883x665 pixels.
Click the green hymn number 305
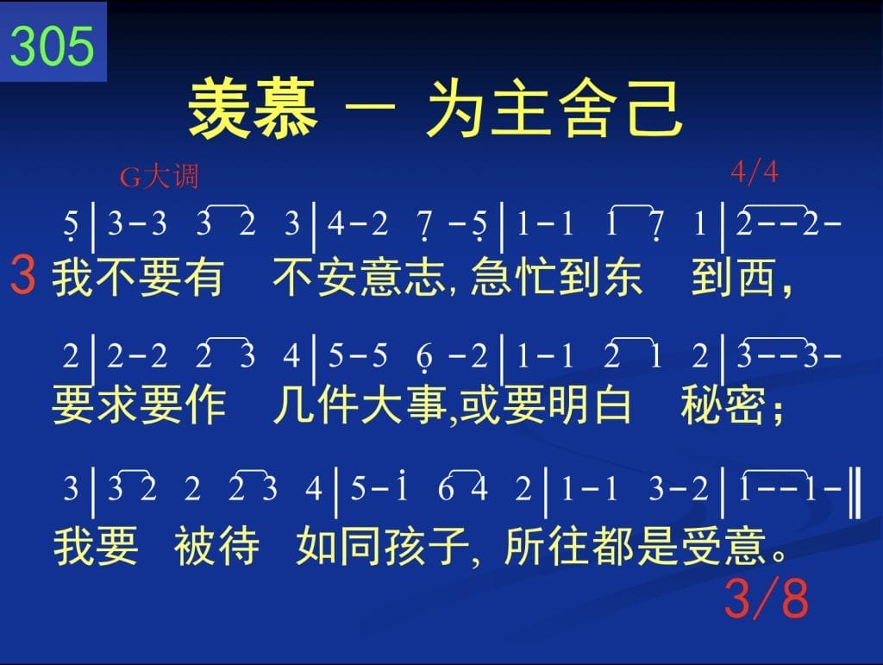point(52,47)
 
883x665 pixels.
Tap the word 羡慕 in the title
point(253,109)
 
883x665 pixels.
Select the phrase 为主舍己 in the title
point(554,109)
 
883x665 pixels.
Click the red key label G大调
point(159,176)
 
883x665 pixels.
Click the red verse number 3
point(23,275)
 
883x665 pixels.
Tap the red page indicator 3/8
point(767,598)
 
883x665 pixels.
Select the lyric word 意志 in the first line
point(404,277)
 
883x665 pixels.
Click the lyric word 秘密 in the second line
point(723,405)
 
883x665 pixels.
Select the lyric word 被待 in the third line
point(216,546)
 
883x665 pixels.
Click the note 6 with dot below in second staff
point(424,358)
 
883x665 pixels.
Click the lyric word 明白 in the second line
point(588,405)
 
